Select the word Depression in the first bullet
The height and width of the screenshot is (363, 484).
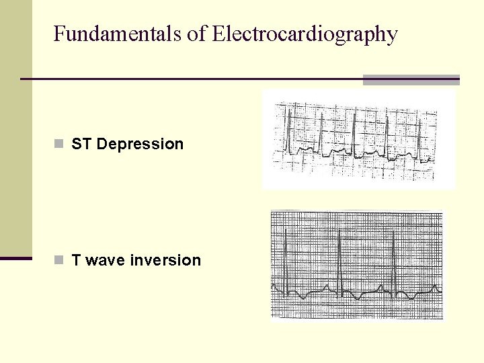click(x=140, y=144)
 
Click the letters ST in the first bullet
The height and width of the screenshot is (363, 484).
click(x=81, y=144)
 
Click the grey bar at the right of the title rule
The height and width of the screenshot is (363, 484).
click(x=411, y=79)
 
